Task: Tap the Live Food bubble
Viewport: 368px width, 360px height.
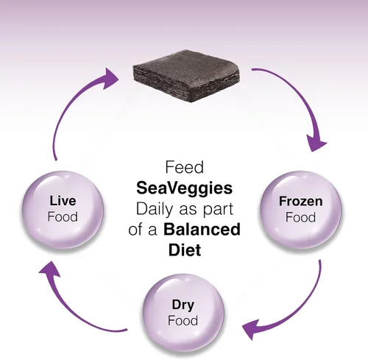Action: coord(63,209)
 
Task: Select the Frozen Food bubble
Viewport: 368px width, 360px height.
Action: coord(301,209)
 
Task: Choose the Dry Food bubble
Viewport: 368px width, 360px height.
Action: coord(183,312)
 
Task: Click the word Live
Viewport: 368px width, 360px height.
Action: coord(63,201)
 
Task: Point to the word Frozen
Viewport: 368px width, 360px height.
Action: coord(301,201)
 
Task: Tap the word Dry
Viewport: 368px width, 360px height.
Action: coord(183,306)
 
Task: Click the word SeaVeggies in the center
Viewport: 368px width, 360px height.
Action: coord(185,188)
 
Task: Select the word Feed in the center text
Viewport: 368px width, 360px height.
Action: coord(185,167)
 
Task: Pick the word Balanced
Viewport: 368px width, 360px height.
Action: coord(202,230)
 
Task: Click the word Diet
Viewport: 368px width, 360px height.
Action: coord(185,250)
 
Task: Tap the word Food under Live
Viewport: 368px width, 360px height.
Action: coord(63,217)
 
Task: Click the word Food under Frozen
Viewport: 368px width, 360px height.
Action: coord(300,217)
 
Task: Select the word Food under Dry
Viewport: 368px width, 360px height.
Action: coord(183,320)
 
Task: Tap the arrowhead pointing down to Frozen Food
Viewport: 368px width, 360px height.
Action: coord(316,144)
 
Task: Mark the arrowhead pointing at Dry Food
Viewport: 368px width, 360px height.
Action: coord(251,329)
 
